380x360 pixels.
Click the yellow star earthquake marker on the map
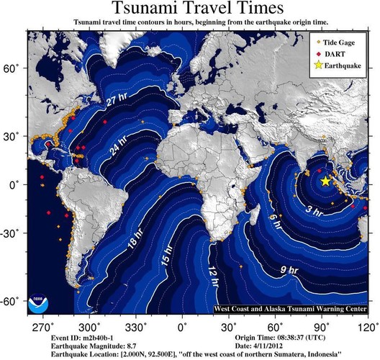click(325, 181)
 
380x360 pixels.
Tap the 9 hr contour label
click(286, 271)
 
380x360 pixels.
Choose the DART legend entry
click(337, 54)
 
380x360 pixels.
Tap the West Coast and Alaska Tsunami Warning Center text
click(290, 309)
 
